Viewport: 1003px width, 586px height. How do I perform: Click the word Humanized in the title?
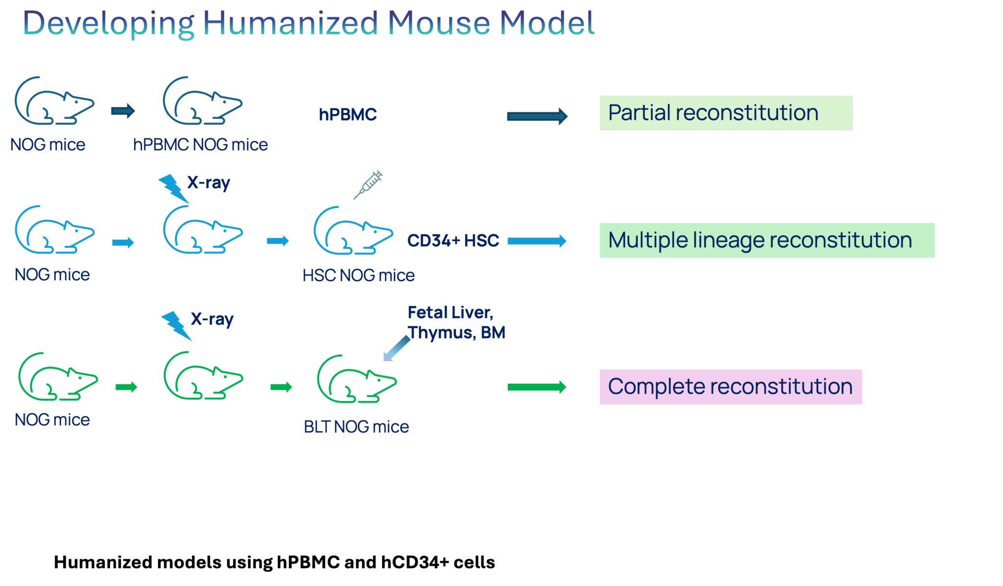point(290,23)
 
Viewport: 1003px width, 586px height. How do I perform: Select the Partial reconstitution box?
point(725,113)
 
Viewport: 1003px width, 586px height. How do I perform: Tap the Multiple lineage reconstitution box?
point(766,241)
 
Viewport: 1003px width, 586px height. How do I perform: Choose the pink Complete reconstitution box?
point(730,387)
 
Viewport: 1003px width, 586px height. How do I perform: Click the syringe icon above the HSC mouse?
point(369,185)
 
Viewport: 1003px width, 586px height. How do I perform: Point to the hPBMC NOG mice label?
point(200,145)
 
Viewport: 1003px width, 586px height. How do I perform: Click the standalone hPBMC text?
point(348,115)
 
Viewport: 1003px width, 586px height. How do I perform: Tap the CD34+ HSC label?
point(453,241)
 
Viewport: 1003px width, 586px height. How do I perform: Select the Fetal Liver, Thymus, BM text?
point(455,322)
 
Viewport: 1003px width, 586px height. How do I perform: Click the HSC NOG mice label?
point(358,275)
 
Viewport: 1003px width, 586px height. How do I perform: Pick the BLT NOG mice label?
point(356,427)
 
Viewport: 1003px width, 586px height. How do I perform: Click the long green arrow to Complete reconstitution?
point(536,387)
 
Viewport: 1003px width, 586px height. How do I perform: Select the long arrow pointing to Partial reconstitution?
point(537,116)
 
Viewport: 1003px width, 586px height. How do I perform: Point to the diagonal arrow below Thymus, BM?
point(396,348)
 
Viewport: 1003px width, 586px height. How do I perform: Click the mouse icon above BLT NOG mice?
point(357,380)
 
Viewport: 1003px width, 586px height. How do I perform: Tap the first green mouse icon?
point(58,377)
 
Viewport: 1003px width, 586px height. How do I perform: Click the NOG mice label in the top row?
point(48,145)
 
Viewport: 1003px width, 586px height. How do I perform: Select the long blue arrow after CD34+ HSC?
point(537,241)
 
